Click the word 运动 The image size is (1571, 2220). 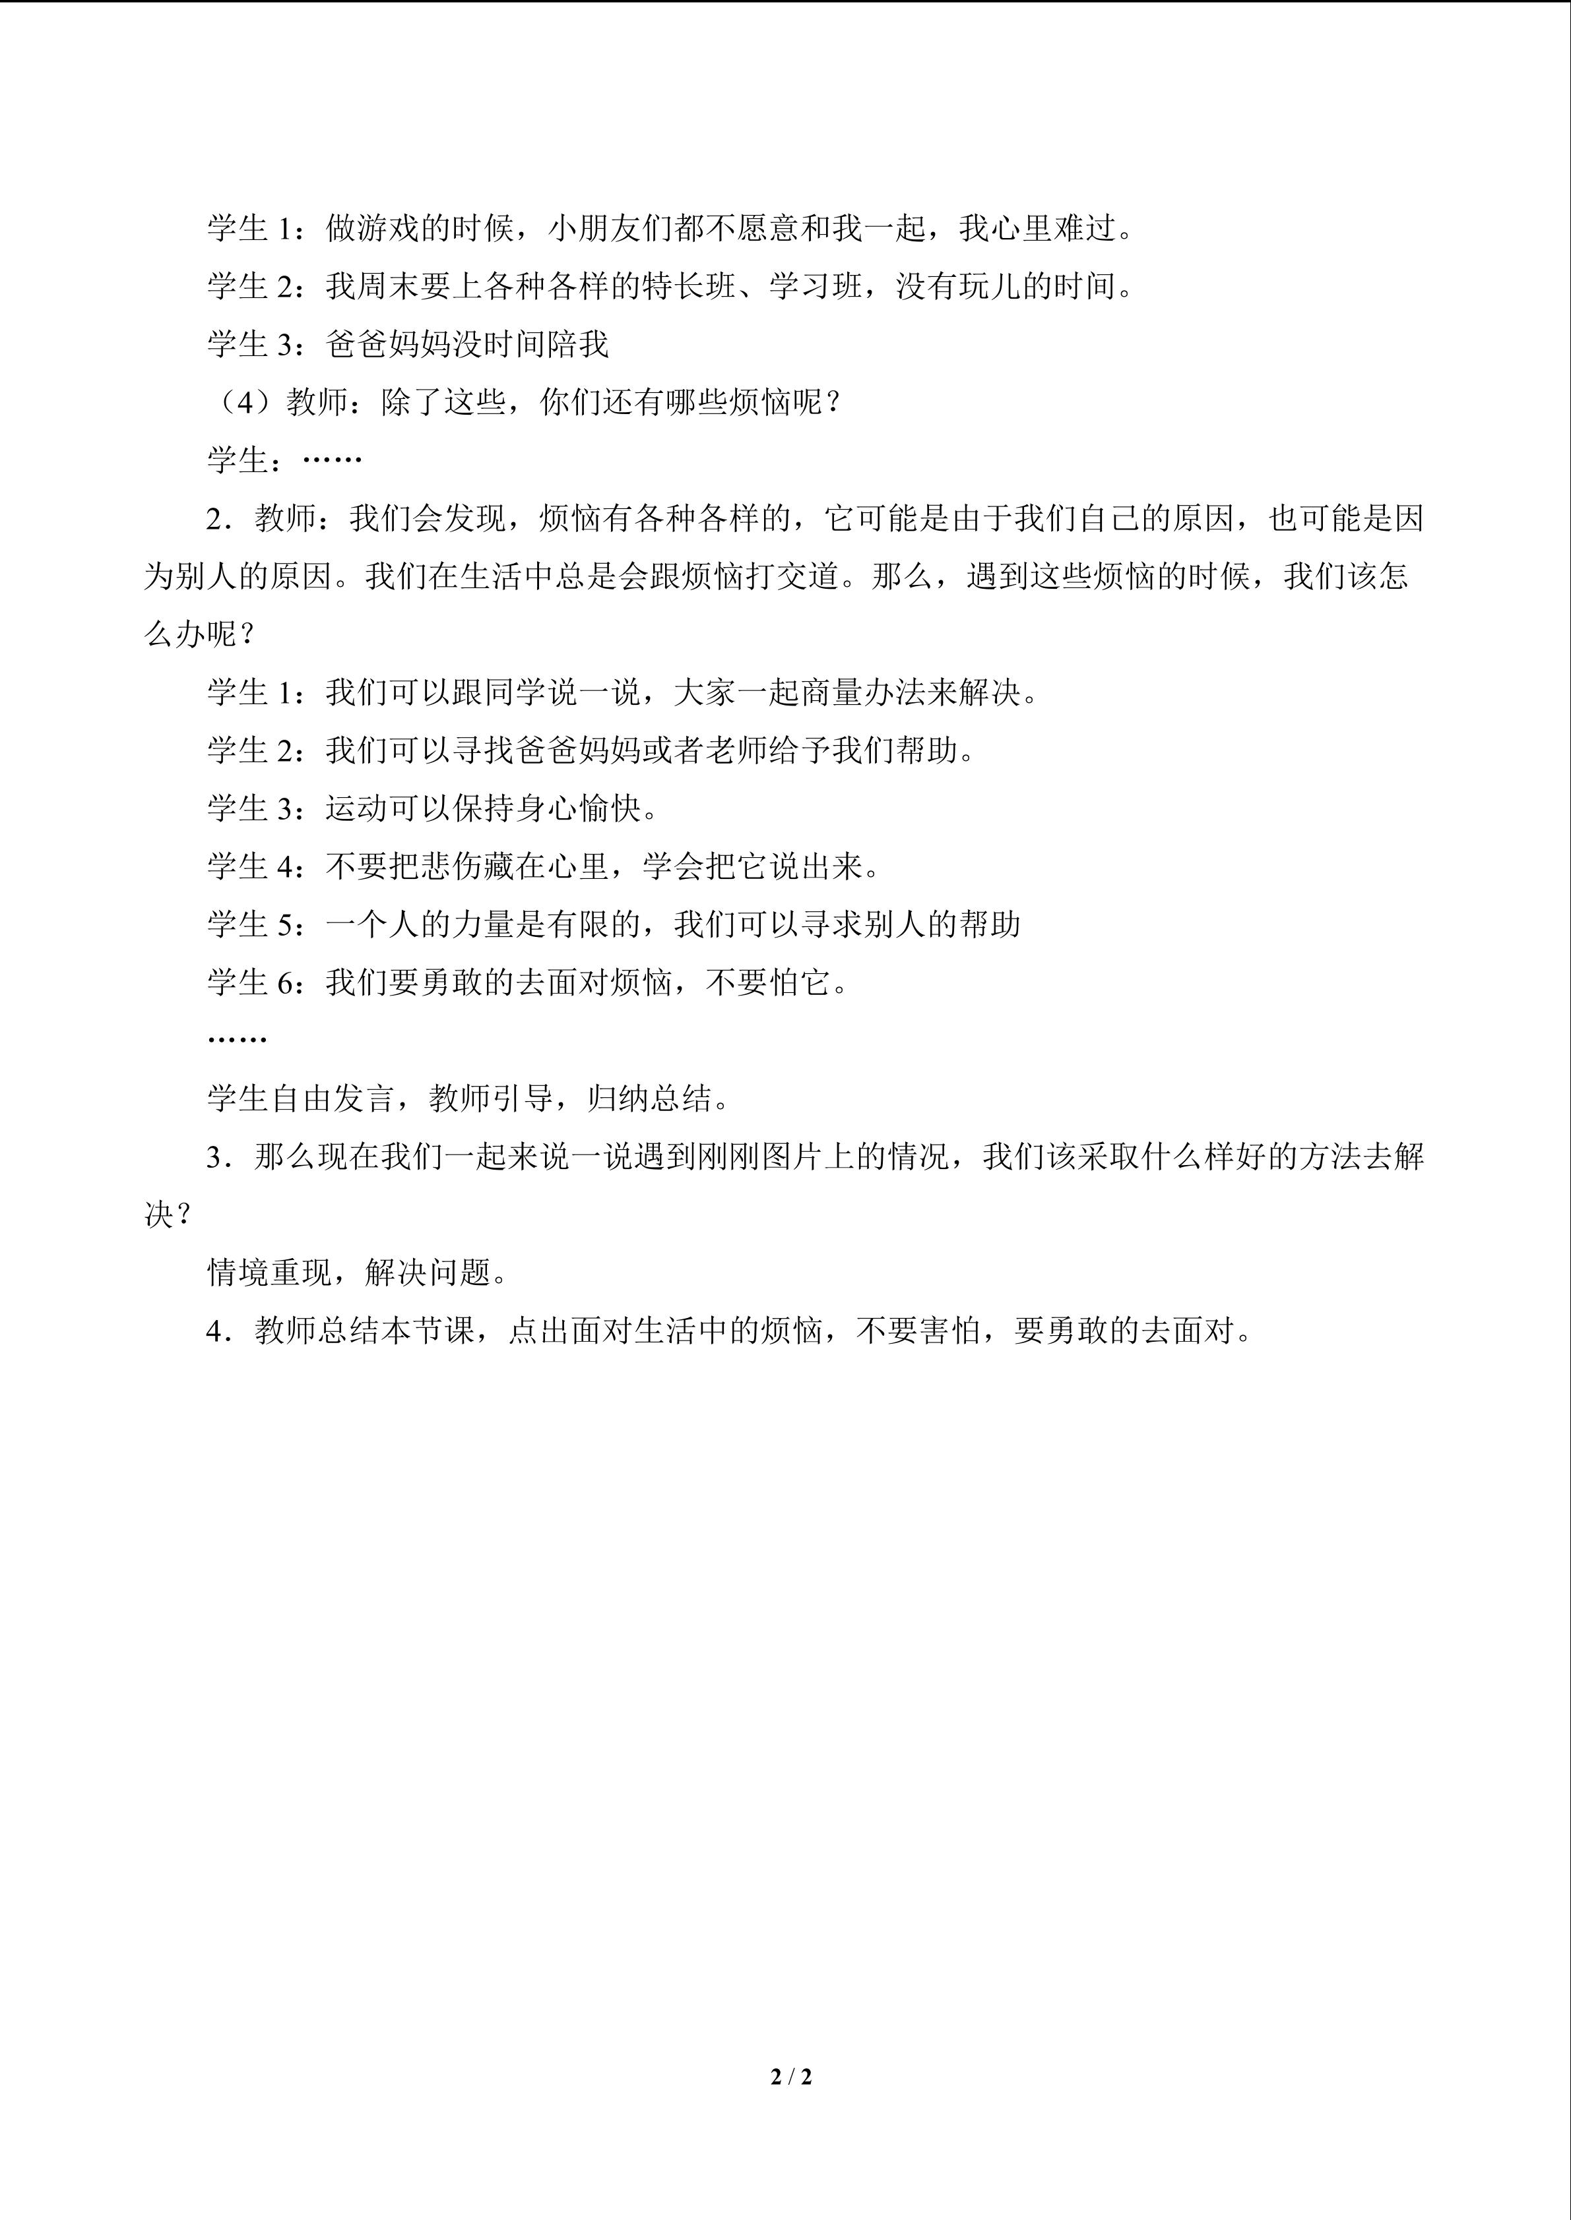click(357, 809)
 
